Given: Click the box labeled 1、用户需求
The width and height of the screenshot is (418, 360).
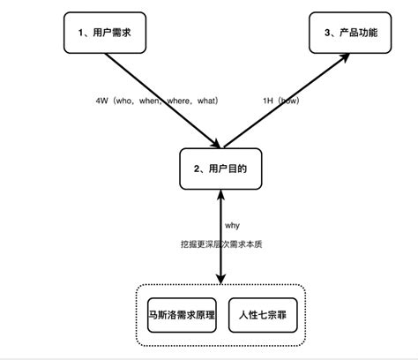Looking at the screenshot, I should pos(103,34).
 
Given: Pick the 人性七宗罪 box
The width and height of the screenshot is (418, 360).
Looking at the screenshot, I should pos(262,315).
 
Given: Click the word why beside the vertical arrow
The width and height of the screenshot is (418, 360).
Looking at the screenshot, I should pos(232,224).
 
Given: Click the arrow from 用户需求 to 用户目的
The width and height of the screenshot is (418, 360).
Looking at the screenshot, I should pos(163,100).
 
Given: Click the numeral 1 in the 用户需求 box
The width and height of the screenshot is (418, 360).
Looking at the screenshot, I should pos(81,34).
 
